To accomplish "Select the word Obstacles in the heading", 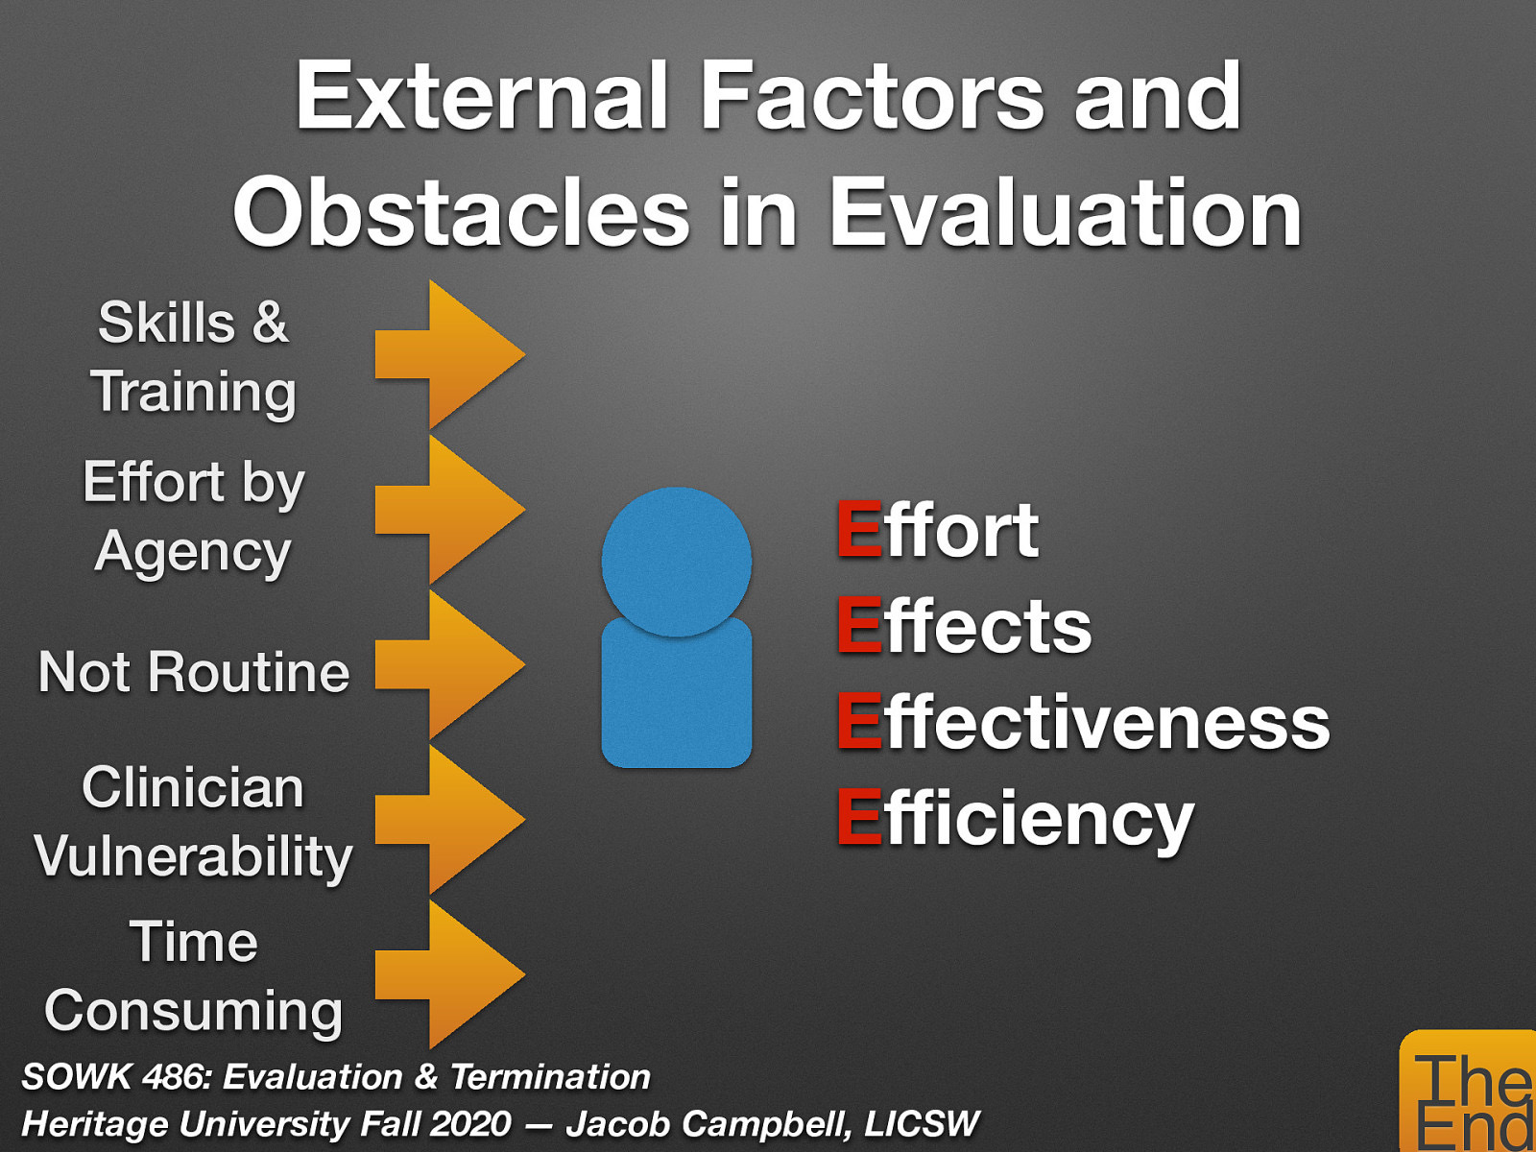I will pyautogui.click(x=461, y=213).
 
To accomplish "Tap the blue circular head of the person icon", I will pyautogui.click(x=676, y=561).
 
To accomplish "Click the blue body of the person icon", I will pyautogui.click(x=676, y=701).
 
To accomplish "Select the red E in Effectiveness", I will pyautogui.click(x=858, y=722).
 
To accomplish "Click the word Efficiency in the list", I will pyautogui.click(x=1014, y=820).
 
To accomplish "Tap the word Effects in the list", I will pyautogui.click(x=964, y=626).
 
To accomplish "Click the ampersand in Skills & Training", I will pyautogui.click(x=270, y=323).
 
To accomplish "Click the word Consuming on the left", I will pyautogui.click(x=194, y=1011).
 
